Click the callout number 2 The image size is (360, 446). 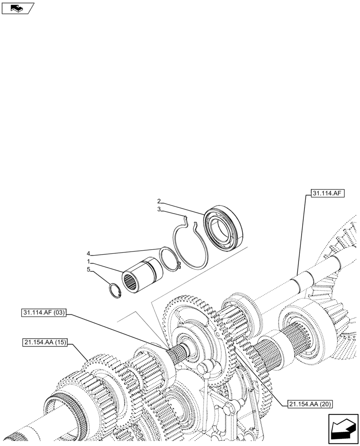(159, 201)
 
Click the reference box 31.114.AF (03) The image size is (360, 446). (43, 313)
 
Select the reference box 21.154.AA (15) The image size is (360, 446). (43, 343)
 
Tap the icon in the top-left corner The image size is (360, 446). (17, 8)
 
